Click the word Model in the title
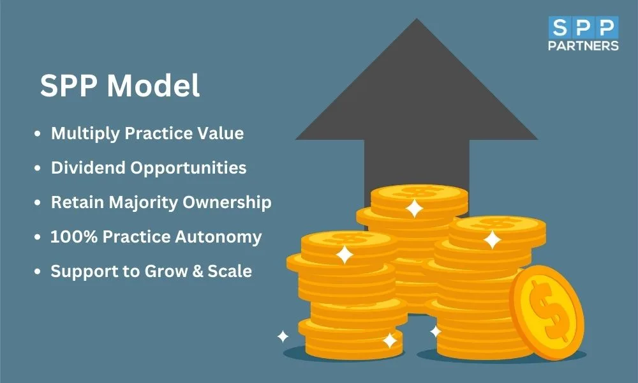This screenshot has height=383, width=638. click(153, 86)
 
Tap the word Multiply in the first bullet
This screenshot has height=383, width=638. click(85, 134)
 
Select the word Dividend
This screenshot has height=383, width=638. click(87, 168)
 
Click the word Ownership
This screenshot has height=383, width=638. click(226, 202)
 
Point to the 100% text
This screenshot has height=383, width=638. click(73, 236)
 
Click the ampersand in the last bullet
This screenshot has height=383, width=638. click(198, 271)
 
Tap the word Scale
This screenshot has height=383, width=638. click(230, 271)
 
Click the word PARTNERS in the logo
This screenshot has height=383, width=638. click(583, 45)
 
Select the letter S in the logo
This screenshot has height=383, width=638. click(560, 27)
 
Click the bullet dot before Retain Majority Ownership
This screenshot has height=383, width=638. click(38, 202)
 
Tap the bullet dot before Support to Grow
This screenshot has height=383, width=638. click(38, 271)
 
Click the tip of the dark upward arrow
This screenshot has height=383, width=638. click(416, 19)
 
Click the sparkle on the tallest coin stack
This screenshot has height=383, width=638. click(415, 208)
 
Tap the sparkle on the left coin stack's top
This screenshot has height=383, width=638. click(345, 255)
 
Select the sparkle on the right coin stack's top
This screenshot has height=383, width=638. click(492, 240)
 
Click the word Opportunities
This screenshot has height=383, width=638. click(188, 169)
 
